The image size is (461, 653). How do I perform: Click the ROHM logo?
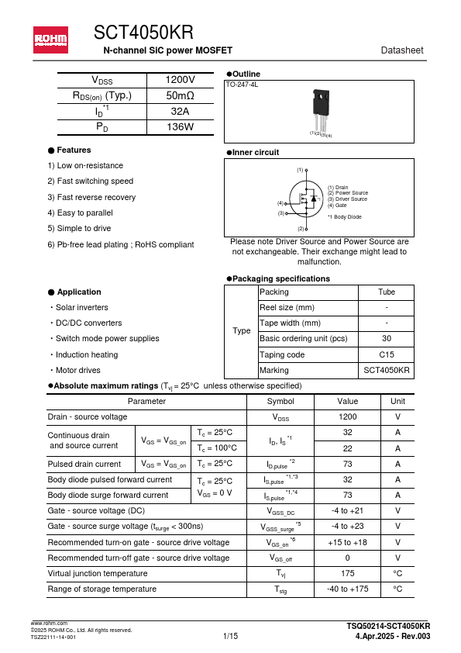point(50,39)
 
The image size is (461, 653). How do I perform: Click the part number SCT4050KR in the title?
point(143,32)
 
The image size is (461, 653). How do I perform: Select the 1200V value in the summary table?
point(181,80)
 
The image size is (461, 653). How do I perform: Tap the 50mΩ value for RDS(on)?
point(181,95)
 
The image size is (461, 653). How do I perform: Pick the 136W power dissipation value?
point(181,126)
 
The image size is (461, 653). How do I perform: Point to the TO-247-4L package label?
point(242,84)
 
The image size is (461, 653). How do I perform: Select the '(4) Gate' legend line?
point(336,206)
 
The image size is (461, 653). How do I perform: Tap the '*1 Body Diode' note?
point(344,217)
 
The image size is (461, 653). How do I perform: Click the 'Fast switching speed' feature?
point(90,181)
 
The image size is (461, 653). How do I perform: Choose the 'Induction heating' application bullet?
point(86,354)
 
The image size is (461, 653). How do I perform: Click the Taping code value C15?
point(386,354)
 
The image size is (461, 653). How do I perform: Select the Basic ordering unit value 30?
point(386,339)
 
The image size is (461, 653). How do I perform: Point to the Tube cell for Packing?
point(386,292)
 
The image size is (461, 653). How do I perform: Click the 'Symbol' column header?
point(280,401)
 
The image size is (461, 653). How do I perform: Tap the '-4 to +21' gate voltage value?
point(347,510)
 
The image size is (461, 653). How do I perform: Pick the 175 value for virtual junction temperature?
point(347,573)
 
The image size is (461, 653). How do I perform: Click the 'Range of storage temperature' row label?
point(101,589)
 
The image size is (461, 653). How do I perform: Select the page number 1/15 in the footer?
point(230,637)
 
